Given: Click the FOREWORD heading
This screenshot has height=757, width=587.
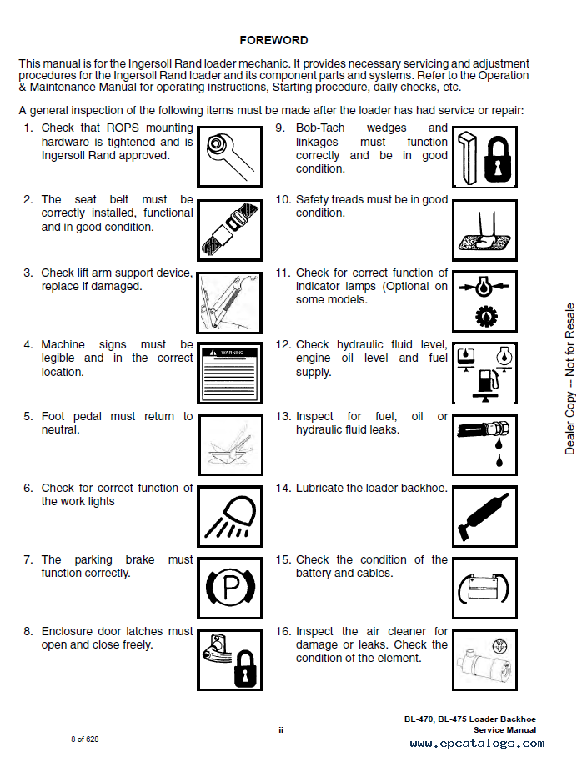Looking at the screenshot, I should (273, 40).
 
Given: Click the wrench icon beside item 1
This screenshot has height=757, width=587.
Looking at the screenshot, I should (229, 155).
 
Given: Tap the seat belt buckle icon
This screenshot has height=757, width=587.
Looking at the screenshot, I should (229, 228).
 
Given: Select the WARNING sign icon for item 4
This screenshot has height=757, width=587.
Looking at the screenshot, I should (229, 371).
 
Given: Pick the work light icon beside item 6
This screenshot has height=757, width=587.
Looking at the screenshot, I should (229, 515).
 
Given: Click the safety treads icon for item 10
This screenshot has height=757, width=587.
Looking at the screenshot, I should (484, 228).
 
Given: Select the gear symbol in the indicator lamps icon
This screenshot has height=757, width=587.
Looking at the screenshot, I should (484, 317).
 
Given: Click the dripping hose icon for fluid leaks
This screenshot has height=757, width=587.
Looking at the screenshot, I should (484, 444).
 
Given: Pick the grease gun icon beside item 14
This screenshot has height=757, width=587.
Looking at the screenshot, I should (484, 515).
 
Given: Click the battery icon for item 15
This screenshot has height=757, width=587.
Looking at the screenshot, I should (484, 588).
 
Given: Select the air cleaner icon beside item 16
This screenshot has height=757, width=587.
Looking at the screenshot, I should (484, 659).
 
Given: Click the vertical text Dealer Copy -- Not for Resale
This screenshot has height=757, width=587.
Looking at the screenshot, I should (570, 379).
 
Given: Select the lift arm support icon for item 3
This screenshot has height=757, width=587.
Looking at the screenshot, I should (229, 300).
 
